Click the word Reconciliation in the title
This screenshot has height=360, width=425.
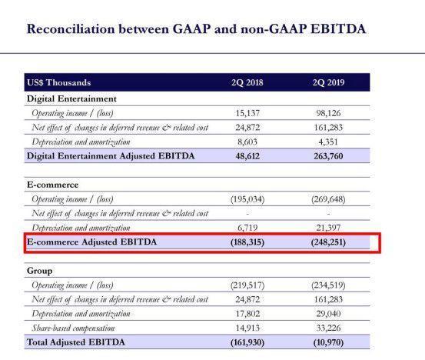tap(71, 29)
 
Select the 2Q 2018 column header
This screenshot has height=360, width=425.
tap(247, 82)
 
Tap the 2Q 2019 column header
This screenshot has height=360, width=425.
tap(328, 82)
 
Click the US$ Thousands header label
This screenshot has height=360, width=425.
tap(59, 82)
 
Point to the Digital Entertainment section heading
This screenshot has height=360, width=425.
tap(71, 98)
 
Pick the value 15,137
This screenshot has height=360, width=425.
tap(247, 113)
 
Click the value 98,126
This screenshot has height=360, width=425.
tap(328, 113)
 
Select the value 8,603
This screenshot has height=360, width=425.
tap(247, 142)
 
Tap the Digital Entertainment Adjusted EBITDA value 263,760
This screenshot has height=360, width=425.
tap(328, 156)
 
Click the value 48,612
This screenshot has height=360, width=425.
tap(247, 156)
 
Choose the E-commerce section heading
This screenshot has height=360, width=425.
tap(52, 185)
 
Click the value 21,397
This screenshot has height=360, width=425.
tap(328, 228)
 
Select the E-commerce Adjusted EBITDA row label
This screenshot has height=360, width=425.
tap(92, 242)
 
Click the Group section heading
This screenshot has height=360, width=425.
tap(39, 271)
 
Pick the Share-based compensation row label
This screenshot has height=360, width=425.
tap(73, 328)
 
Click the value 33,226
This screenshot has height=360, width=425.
tap(328, 328)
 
